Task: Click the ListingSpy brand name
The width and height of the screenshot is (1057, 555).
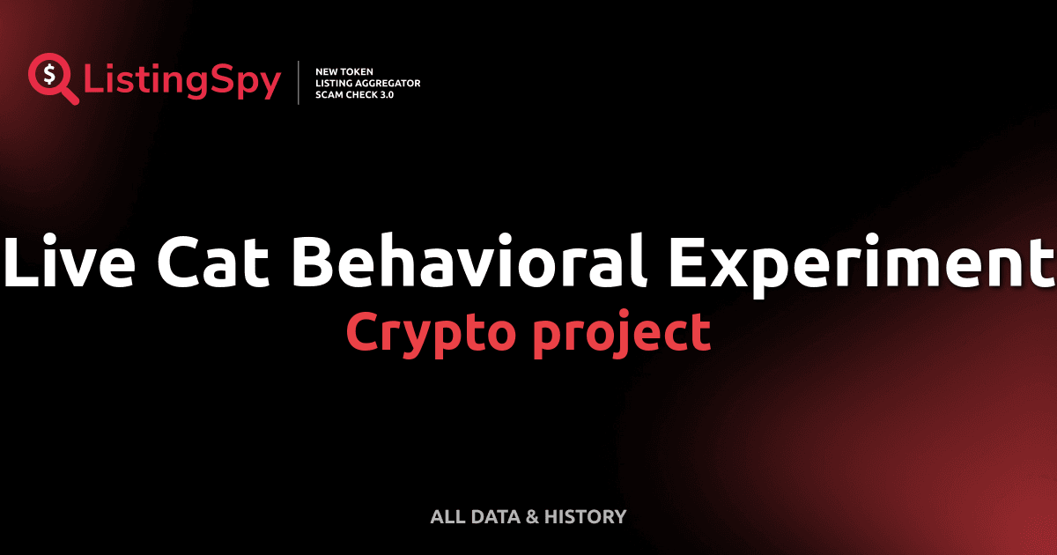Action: click(x=182, y=82)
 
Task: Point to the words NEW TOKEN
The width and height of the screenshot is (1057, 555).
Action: click(x=338, y=70)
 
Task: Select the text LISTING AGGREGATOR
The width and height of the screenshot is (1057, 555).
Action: click(x=367, y=83)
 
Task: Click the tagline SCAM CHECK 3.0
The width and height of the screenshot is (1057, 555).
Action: click(x=354, y=94)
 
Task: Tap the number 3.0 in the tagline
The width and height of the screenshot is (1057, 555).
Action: click(x=385, y=94)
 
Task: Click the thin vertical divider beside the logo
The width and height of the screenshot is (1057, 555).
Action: click(x=299, y=82)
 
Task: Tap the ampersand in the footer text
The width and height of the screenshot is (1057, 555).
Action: click(x=531, y=517)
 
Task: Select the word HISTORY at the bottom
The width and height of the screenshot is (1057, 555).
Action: click(x=585, y=517)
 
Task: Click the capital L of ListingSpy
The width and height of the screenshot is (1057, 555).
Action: click(x=93, y=82)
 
